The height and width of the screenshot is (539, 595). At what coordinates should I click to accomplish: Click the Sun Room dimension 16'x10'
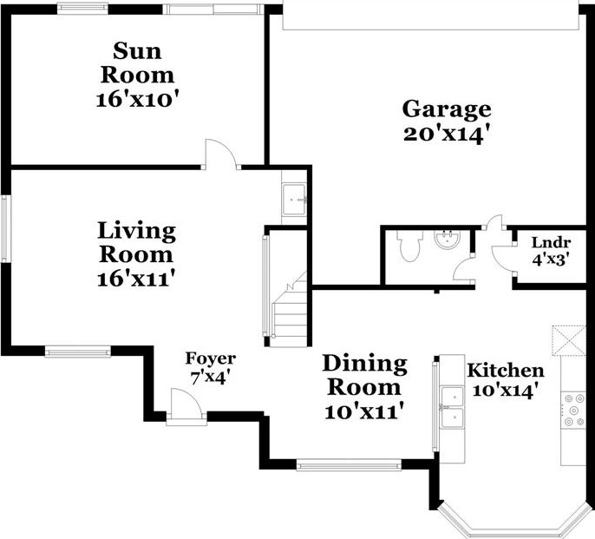tap(137, 100)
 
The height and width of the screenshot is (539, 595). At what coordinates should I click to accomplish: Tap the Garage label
tap(447, 109)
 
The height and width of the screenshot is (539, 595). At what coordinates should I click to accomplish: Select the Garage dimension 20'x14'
tap(445, 135)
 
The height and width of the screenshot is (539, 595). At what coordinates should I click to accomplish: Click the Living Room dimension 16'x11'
tap(137, 279)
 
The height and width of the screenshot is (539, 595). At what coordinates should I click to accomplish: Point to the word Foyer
tap(211, 358)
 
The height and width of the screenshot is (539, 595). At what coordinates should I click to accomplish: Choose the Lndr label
tap(551, 242)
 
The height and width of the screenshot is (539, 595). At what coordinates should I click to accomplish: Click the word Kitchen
tap(506, 371)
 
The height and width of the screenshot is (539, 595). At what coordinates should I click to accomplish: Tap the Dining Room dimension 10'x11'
tap(363, 411)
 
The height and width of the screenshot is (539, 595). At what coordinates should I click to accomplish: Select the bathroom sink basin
tap(448, 240)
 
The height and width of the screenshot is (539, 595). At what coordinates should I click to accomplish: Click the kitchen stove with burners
tap(573, 411)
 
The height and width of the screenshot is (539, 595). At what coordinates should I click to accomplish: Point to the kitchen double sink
tap(452, 408)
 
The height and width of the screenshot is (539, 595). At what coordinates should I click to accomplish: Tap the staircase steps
tap(290, 312)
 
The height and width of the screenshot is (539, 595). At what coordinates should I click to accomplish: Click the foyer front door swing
tap(186, 404)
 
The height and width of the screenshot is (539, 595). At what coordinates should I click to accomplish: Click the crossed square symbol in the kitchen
tap(569, 340)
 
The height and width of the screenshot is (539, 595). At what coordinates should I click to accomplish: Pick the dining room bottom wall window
tap(349, 465)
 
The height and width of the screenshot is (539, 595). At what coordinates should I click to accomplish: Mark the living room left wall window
tap(5, 228)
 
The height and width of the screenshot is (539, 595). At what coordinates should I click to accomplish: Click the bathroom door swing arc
tap(464, 270)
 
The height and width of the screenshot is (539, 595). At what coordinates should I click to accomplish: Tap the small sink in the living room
tap(294, 199)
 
